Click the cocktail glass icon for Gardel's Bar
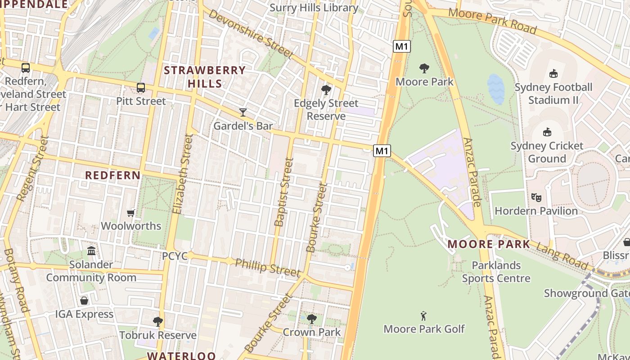(x=243, y=112)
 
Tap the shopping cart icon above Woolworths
(x=131, y=213)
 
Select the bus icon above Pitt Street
(x=141, y=88)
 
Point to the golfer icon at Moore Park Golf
(x=423, y=316)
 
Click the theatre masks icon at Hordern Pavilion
(x=536, y=197)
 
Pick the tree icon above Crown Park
(x=311, y=319)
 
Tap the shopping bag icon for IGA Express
(x=84, y=301)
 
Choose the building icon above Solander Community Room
(x=91, y=251)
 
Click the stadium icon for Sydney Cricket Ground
(x=547, y=132)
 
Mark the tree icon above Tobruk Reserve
(x=157, y=322)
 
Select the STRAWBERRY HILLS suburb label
(x=205, y=77)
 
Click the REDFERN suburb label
(x=113, y=175)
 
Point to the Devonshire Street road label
(x=251, y=34)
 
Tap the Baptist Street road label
(x=283, y=192)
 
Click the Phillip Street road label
(x=267, y=267)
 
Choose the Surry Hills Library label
(x=314, y=8)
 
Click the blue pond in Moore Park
(x=495, y=89)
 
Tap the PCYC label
(x=175, y=256)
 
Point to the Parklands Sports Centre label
(x=496, y=272)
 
